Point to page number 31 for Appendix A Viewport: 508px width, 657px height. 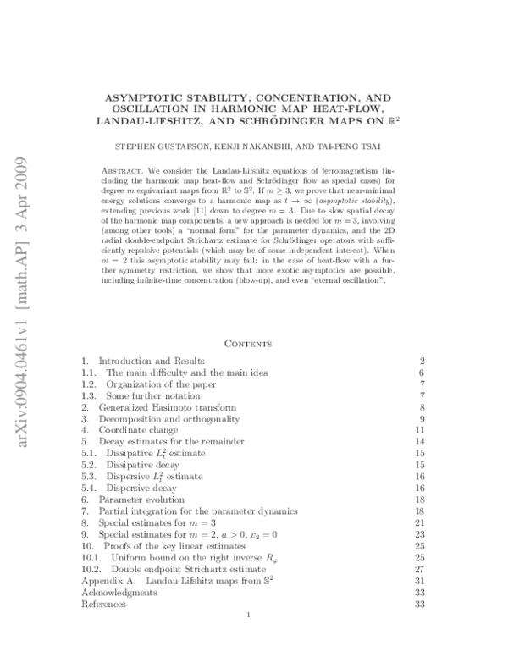pos(419,581)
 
